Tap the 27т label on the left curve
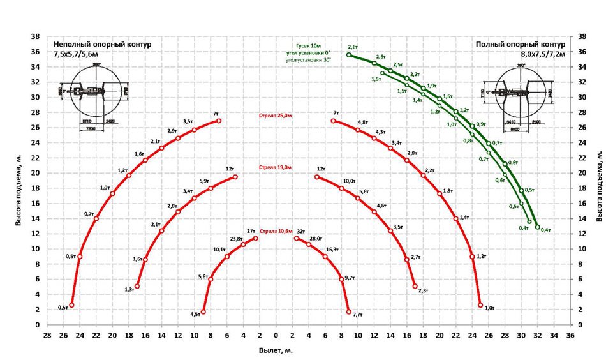click(251, 231)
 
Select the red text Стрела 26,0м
click(276, 116)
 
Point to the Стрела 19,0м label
click(276, 167)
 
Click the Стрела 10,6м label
click(276, 231)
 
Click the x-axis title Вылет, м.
click(276, 350)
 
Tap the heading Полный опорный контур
click(520, 44)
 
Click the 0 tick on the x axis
click(276, 335)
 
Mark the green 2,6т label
click(353, 47)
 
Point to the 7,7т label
click(358, 315)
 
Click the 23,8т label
click(236, 239)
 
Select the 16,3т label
click(332, 250)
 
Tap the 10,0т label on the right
click(349, 181)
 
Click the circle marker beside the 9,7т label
click(341, 279)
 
